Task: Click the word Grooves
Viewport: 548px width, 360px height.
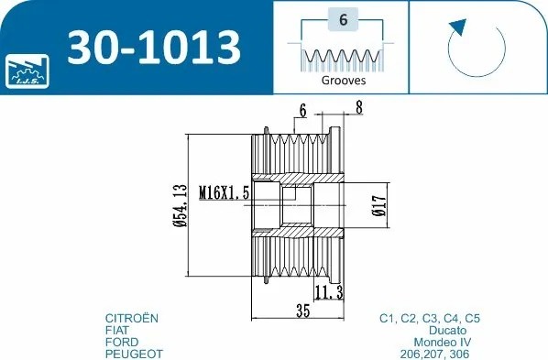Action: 343,81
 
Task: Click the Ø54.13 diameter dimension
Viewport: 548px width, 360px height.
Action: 180,204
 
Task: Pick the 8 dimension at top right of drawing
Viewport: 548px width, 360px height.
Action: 358,108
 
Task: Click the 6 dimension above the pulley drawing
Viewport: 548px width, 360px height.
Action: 301,112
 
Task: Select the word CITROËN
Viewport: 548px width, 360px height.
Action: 132,318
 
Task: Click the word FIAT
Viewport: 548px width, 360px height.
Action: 118,330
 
